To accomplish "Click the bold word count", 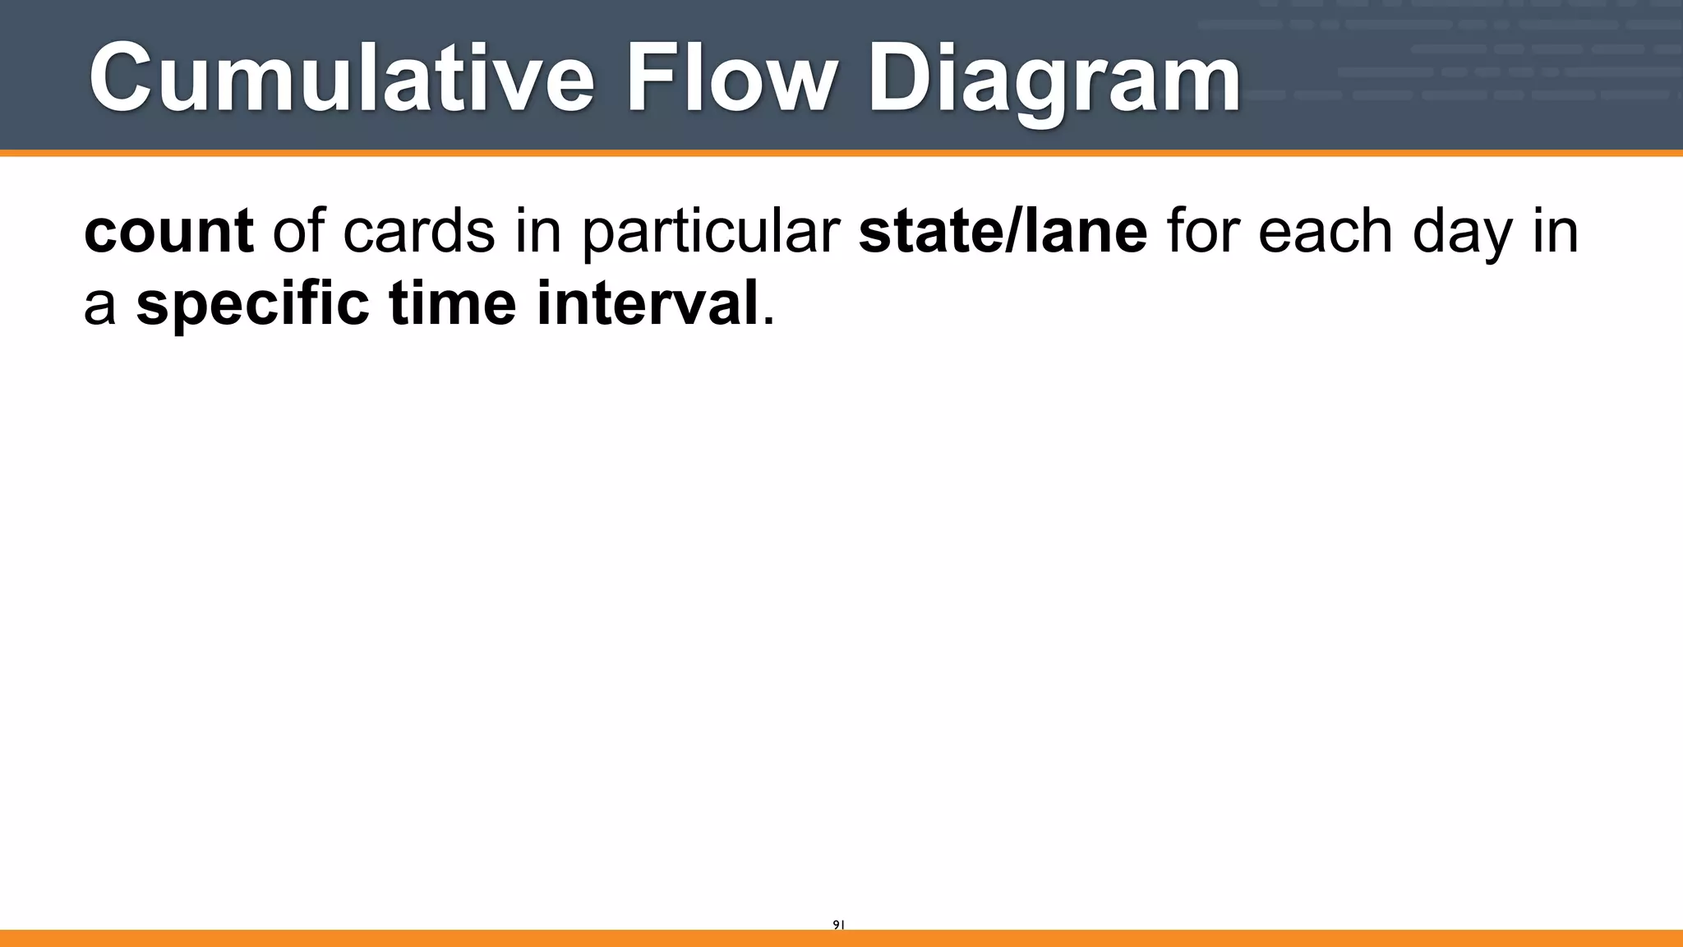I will click(168, 232).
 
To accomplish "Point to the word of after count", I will click(297, 232).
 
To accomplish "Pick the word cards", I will click(418, 232).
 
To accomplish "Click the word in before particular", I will click(537, 232).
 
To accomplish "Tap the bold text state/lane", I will click(1003, 232).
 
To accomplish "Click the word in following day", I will click(1555, 232).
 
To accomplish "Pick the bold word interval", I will click(647, 304).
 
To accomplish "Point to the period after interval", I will click(769, 321).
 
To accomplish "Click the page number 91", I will click(838, 925).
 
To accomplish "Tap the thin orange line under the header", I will click(841, 153).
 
